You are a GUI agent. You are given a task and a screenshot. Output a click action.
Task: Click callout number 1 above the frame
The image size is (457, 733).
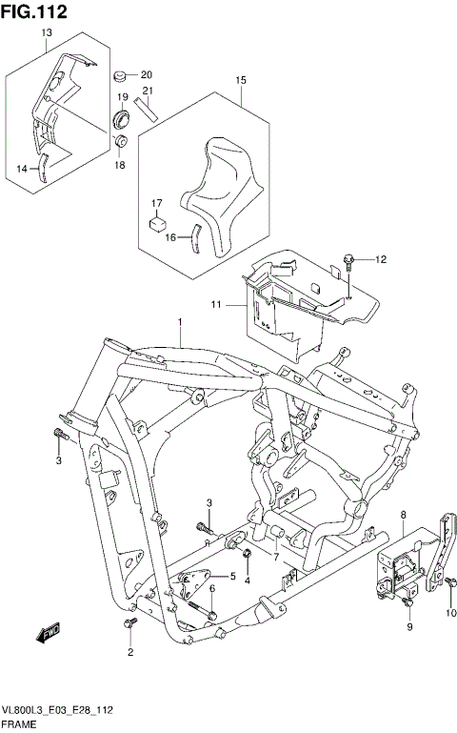coord(178,324)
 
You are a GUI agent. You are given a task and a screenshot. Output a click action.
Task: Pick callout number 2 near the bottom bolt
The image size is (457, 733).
coord(130,654)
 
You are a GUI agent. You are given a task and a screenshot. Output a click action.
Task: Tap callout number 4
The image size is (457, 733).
coord(247,580)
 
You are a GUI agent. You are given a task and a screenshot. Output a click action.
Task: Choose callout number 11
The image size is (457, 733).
coord(216,303)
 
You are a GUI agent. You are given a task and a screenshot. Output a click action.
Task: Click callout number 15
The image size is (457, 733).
coord(241,79)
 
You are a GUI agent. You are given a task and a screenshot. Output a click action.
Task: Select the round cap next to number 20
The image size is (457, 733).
coord(121,75)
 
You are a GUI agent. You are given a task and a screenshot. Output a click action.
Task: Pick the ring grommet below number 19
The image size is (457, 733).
coord(122,120)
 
